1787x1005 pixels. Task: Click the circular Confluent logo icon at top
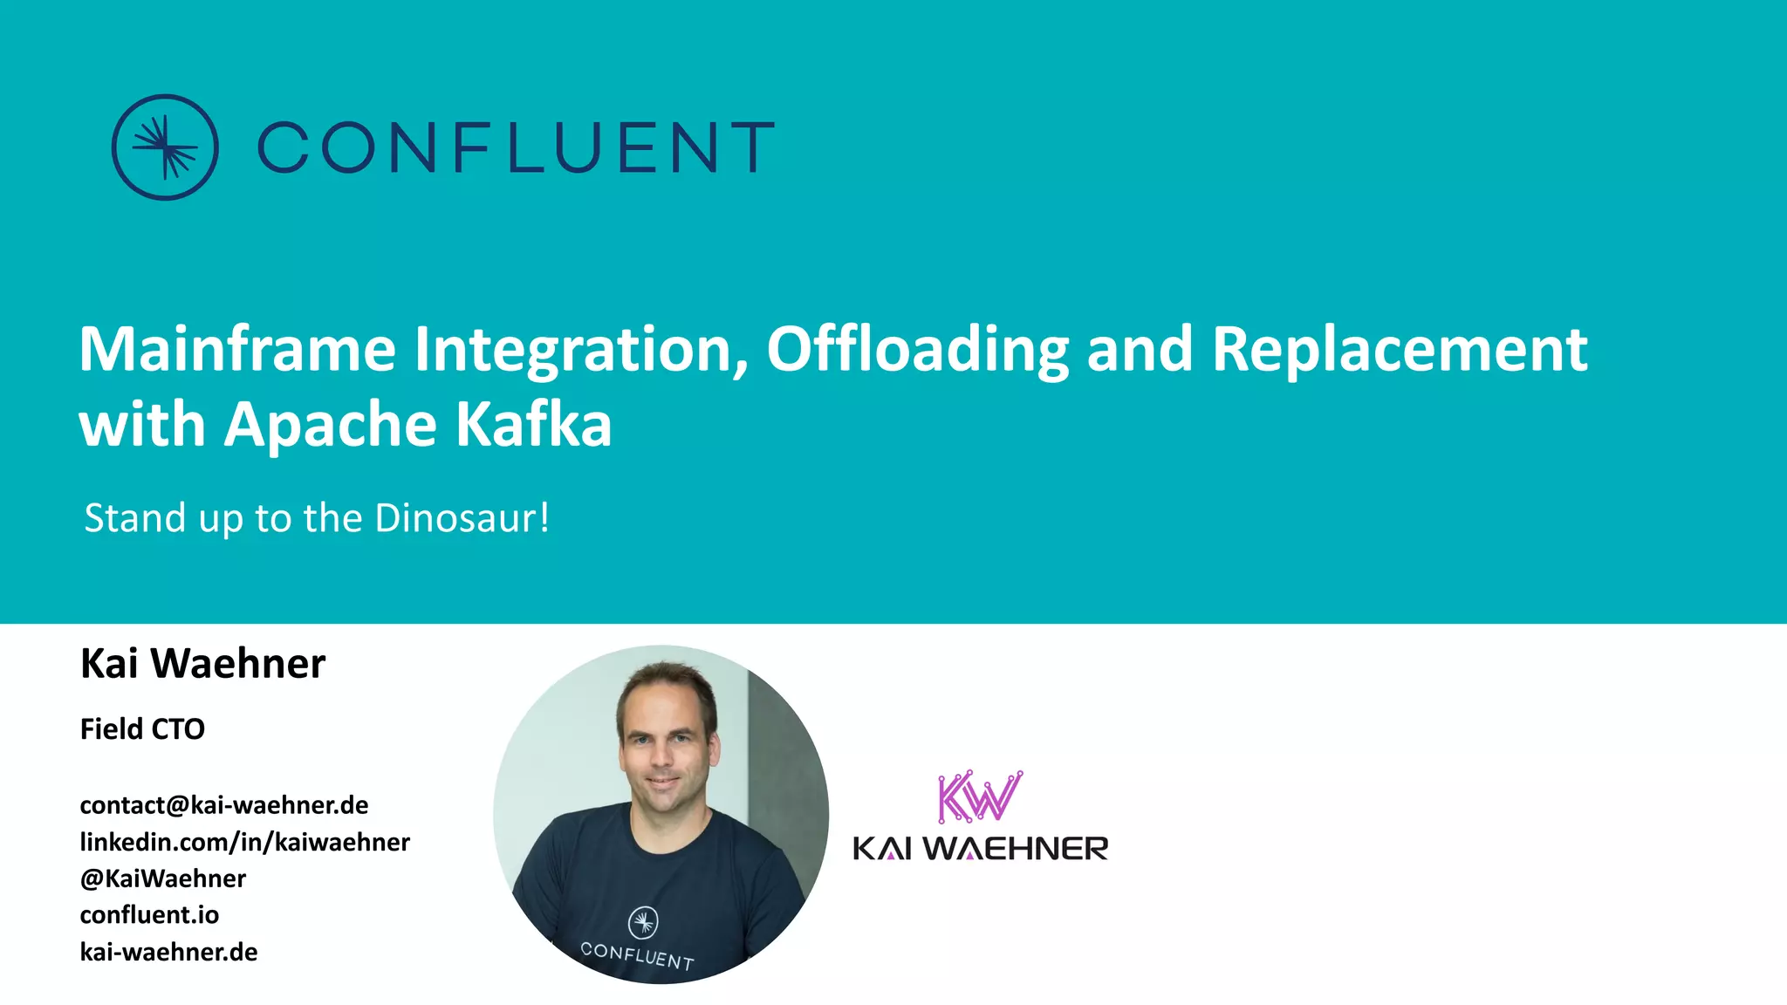tap(165, 147)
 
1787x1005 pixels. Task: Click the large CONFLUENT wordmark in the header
tap(516, 147)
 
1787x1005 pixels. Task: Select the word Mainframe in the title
tap(237, 349)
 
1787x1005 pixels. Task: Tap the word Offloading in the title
tap(917, 349)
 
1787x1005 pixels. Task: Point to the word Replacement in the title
tap(1400, 349)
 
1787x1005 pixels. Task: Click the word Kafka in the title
tap(533, 425)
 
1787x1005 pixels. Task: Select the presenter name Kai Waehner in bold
tap(202, 664)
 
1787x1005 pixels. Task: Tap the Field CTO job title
tap(142, 729)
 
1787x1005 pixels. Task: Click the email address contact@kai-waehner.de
tap(224, 805)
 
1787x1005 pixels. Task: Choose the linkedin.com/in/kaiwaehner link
tap(245, 842)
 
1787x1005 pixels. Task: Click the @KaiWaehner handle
tap(163, 879)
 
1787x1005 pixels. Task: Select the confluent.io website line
tap(149, 915)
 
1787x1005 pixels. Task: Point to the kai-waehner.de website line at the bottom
tap(168, 952)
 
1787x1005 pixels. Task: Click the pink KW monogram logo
tap(979, 796)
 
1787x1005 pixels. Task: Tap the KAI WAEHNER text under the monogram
tap(981, 848)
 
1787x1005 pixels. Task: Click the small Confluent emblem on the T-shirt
tap(643, 922)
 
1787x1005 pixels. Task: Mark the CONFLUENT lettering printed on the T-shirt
tap(637, 956)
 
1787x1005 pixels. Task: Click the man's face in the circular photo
tap(665, 742)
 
